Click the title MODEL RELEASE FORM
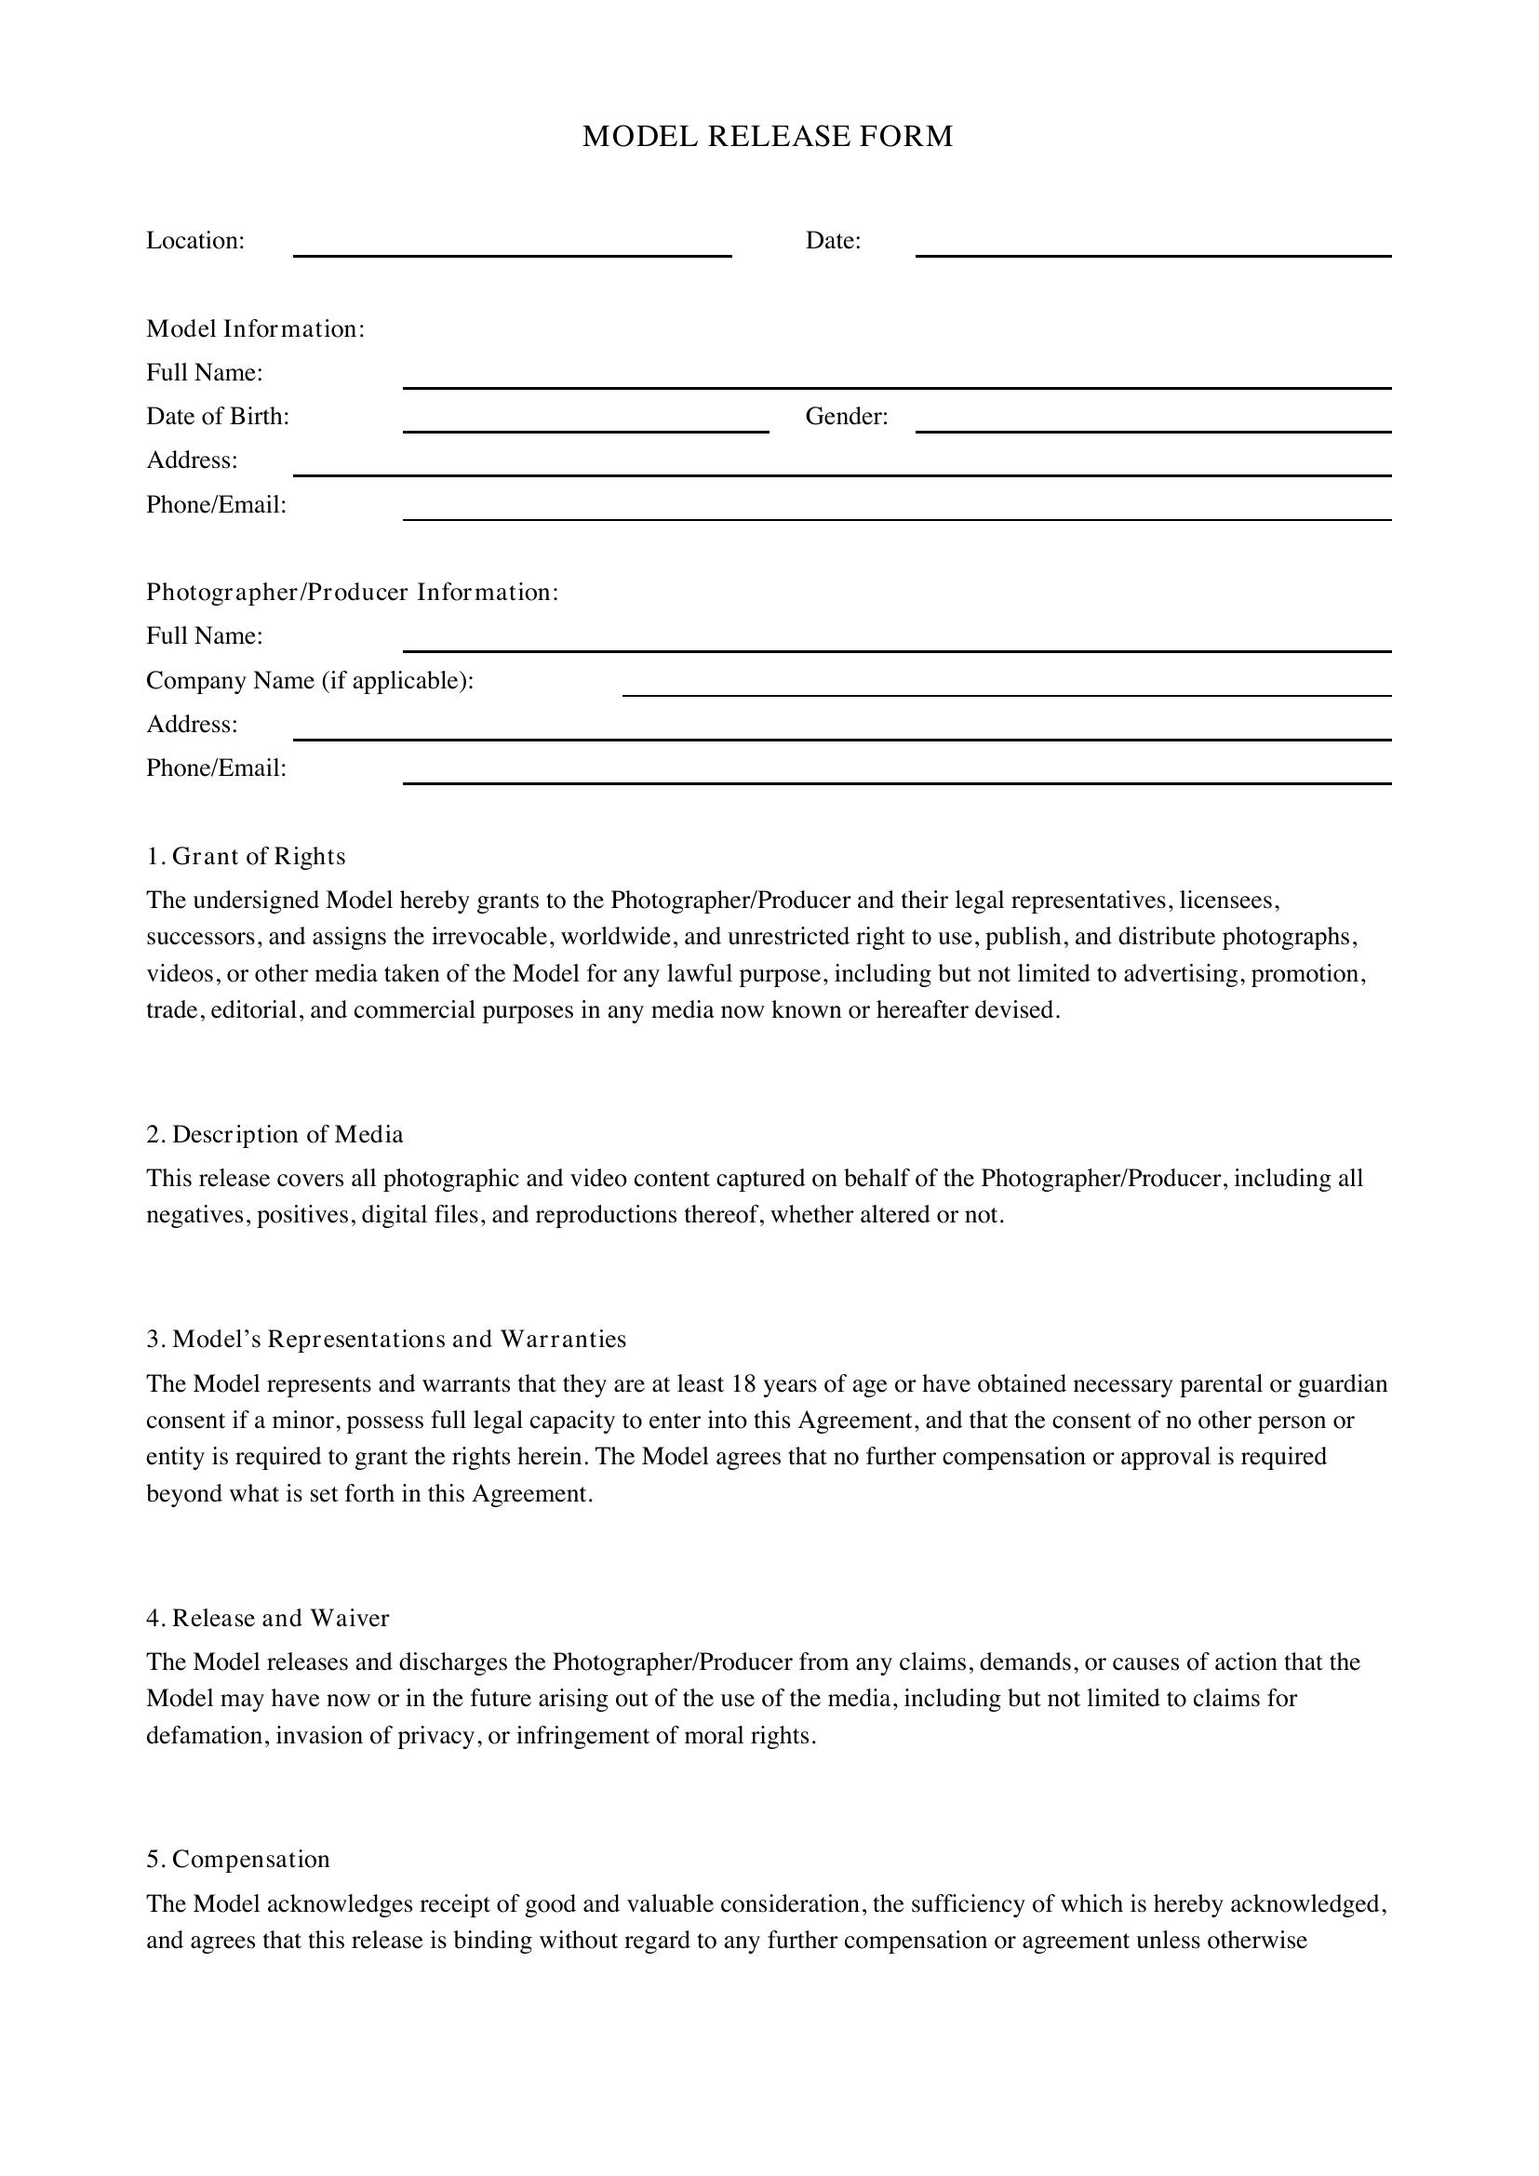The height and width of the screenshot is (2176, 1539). click(x=768, y=137)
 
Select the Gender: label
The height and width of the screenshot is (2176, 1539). click(x=846, y=417)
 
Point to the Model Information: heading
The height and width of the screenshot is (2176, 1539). click(x=255, y=328)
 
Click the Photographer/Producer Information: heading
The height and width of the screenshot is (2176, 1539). click(x=352, y=593)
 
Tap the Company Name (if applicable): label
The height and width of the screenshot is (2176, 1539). click(x=309, y=680)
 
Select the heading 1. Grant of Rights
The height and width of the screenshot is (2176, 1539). click(x=246, y=856)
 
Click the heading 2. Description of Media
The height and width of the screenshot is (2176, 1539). click(x=274, y=1134)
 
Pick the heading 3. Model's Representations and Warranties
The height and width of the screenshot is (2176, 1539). click(x=386, y=1339)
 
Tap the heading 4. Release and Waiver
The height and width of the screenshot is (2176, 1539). click(x=267, y=1618)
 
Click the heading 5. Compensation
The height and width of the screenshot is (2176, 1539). click(x=238, y=1859)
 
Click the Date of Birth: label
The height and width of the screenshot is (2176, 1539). click(x=217, y=417)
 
